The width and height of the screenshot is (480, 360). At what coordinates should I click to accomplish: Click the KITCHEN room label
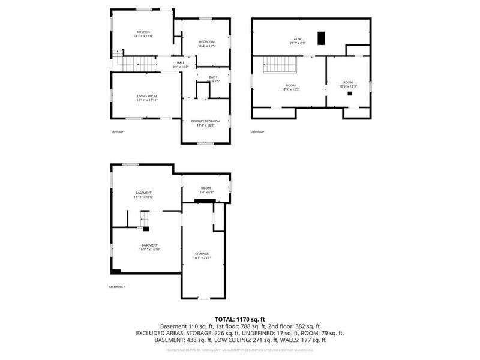pos(143,32)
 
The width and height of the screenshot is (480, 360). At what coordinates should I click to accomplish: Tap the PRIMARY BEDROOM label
pos(206,121)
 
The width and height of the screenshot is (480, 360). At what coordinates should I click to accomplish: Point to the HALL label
pos(181,62)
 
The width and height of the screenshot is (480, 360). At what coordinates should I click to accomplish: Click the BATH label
pos(213,77)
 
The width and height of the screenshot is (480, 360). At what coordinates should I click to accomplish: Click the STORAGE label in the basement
pos(201,254)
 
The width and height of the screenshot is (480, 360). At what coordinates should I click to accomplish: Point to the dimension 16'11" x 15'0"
pos(143,197)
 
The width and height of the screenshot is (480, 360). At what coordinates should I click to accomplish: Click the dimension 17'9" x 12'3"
pos(291,89)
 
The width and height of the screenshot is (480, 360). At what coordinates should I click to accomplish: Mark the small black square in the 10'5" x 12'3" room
pos(349,94)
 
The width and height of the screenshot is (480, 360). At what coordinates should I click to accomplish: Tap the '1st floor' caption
pos(117,131)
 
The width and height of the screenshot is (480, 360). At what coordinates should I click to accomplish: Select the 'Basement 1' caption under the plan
pos(116,287)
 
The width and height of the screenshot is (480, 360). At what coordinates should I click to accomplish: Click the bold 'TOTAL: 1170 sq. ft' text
pos(240,319)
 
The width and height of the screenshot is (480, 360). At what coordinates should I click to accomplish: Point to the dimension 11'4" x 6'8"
pos(206,192)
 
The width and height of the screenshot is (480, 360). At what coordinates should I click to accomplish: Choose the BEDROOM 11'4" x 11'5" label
pos(206,43)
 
